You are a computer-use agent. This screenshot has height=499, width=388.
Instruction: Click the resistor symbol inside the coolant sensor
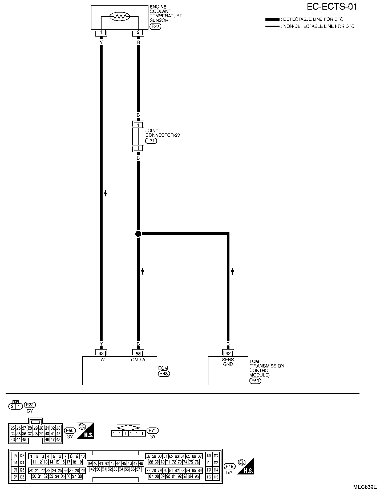point(120,17)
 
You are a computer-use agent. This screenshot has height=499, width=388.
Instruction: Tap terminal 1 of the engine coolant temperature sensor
point(101,33)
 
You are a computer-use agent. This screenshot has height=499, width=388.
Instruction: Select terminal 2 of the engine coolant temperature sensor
point(138,33)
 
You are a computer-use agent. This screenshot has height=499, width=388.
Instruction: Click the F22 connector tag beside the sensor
point(156,26)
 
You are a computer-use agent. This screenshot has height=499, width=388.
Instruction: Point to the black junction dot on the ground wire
point(138,234)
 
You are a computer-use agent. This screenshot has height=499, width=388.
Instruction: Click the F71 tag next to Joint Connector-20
point(151,141)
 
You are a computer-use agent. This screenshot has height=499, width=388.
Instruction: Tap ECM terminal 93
point(101,353)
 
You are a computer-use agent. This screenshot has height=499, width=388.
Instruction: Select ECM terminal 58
point(138,353)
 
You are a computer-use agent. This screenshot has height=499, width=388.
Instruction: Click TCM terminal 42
point(228,353)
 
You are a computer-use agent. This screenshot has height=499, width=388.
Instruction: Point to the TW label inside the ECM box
point(101,360)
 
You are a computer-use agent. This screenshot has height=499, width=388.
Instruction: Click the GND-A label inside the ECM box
point(138,360)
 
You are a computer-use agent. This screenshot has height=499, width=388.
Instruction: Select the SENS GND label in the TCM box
point(228,362)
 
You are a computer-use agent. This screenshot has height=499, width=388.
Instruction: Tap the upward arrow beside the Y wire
point(106,193)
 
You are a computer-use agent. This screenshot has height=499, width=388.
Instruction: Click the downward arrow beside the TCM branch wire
point(232,272)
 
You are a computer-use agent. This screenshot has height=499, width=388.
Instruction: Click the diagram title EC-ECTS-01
point(332,7)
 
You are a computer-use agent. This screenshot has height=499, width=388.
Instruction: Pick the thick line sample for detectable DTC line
point(272,19)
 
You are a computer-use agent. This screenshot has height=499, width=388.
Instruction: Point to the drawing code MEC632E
point(365,487)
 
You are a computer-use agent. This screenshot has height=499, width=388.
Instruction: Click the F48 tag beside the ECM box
point(164,374)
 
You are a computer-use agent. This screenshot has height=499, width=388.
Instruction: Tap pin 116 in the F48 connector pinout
point(216,477)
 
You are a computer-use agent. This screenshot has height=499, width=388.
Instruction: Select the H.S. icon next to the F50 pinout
point(85,430)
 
